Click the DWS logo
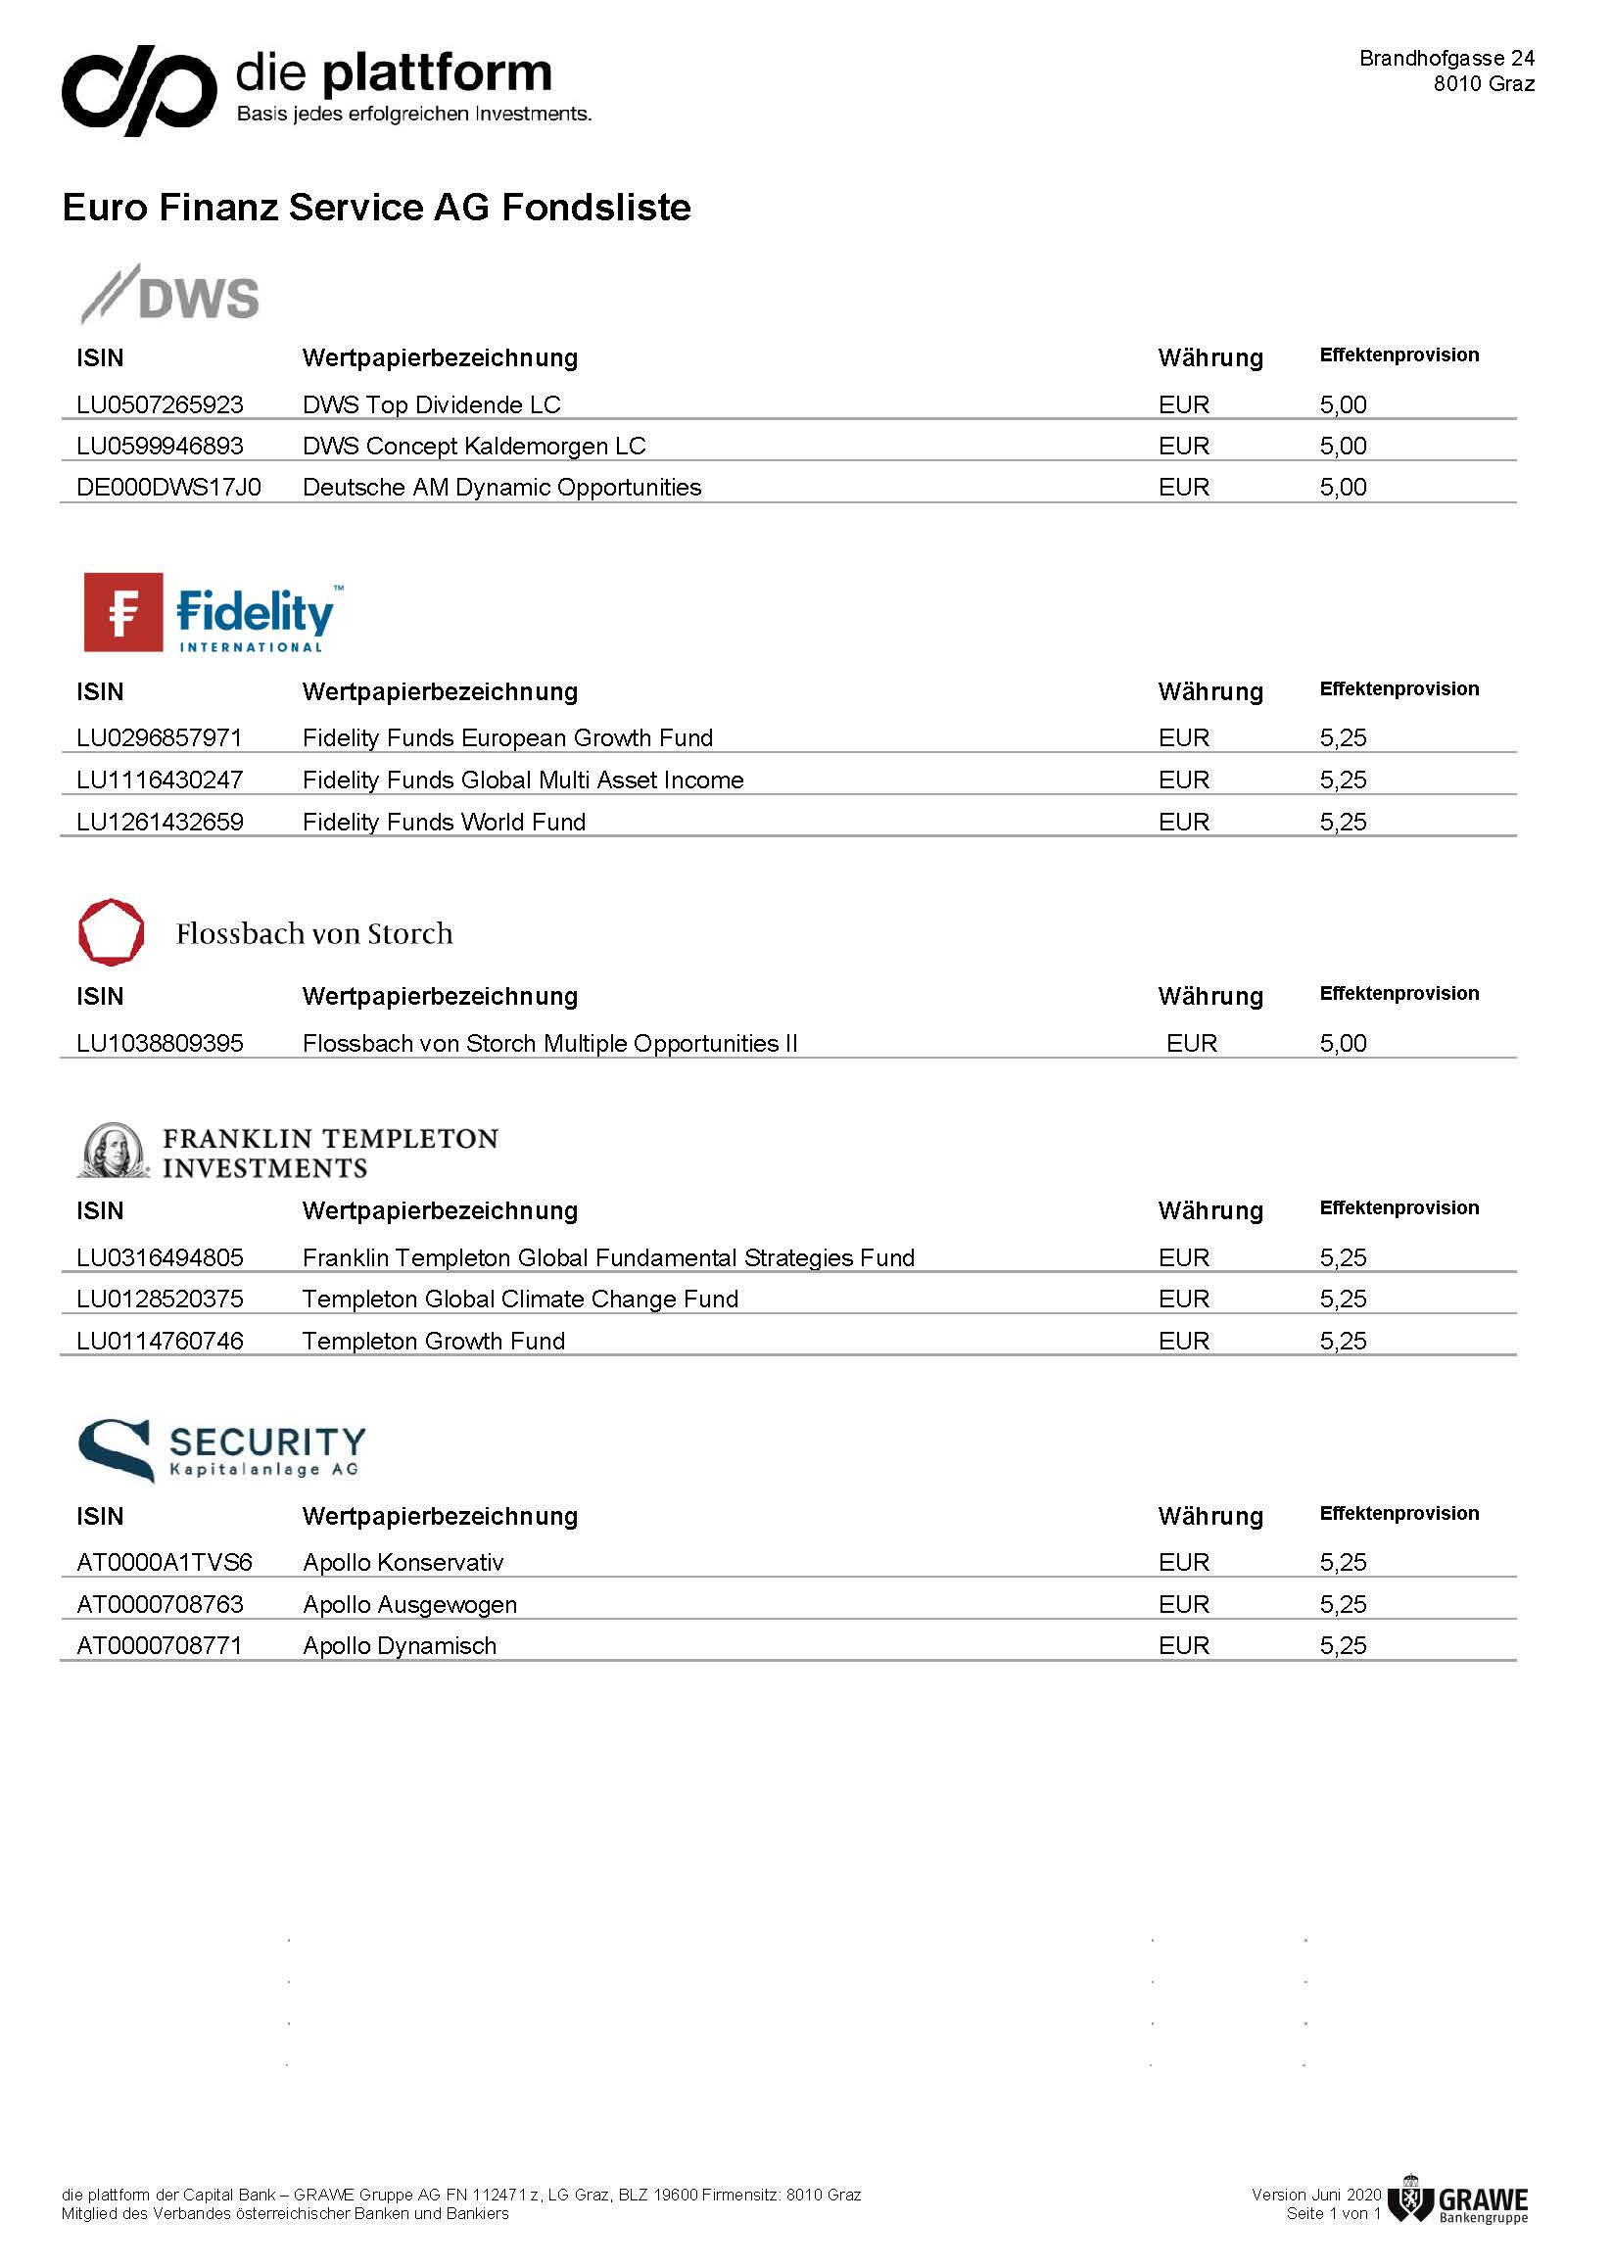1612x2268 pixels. click(x=169, y=295)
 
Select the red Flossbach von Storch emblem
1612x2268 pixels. click(x=112, y=932)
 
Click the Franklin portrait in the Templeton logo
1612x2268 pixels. click(x=113, y=1152)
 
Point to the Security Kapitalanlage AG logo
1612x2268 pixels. click(x=221, y=1450)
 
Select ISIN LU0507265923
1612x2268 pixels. click(x=160, y=405)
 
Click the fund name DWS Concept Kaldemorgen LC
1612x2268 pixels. click(x=473, y=447)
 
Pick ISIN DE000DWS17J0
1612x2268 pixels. click(x=168, y=488)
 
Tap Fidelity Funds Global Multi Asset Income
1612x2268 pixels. click(x=522, y=780)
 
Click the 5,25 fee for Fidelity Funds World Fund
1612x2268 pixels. click(x=1342, y=822)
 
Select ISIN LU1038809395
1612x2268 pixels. click(x=160, y=1043)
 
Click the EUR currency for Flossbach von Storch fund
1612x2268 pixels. click(x=1191, y=1043)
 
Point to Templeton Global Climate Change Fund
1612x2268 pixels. click(x=520, y=1299)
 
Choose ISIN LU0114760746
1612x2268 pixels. click(x=160, y=1341)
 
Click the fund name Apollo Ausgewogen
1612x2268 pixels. click(x=409, y=1605)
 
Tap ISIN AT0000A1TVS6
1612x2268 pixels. click(x=165, y=1562)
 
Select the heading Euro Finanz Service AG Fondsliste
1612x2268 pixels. click(x=376, y=208)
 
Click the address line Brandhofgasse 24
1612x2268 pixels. click(x=1446, y=59)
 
